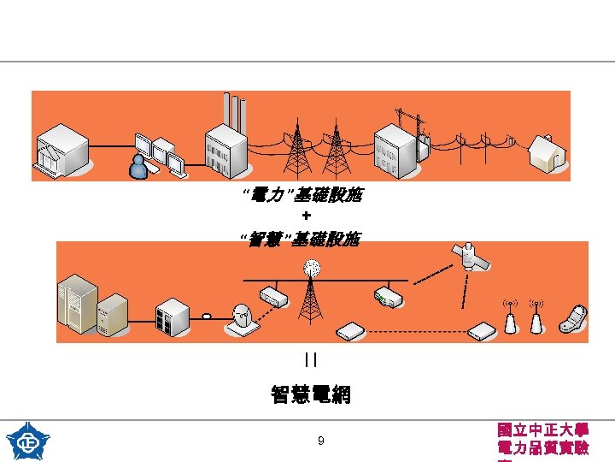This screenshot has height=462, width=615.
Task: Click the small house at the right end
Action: (547, 153)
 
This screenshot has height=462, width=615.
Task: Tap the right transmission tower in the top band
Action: (339, 151)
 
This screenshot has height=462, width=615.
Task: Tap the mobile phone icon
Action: (571, 318)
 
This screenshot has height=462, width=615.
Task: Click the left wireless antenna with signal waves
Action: (510, 317)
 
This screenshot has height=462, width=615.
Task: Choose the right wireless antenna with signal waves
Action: (536, 317)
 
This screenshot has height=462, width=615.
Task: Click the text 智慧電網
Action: (311, 394)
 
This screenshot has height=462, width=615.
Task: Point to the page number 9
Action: (320, 441)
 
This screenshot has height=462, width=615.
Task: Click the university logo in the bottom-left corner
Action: (27, 441)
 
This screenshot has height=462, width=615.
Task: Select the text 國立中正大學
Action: (542, 429)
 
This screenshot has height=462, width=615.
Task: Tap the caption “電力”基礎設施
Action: (303, 197)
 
